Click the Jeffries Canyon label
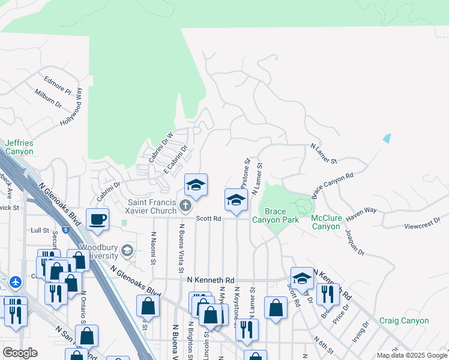(x=19, y=147)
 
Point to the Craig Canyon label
(x=403, y=321)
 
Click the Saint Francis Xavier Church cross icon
(x=185, y=207)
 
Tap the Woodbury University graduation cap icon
(x=127, y=250)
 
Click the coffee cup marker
(x=97, y=219)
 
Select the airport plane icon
(x=16, y=281)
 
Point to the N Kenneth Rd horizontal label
(x=211, y=280)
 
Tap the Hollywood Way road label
(x=71, y=107)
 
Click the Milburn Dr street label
(x=48, y=99)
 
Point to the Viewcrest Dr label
(x=423, y=226)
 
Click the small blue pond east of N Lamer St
(x=387, y=138)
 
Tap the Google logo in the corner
(x=20, y=352)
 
